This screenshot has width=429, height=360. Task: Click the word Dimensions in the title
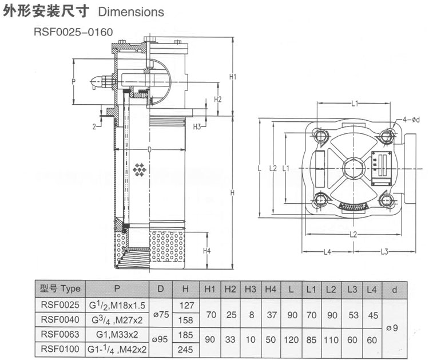coord(131,11)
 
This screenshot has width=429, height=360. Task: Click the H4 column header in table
coord(271,289)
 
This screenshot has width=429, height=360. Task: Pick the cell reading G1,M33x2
coord(117,333)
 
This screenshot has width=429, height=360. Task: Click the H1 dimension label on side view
coord(233,76)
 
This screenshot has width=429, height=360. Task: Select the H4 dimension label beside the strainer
coord(207,251)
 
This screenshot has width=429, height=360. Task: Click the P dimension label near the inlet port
coord(74,82)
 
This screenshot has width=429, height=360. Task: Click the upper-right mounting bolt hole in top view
coord(387,135)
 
